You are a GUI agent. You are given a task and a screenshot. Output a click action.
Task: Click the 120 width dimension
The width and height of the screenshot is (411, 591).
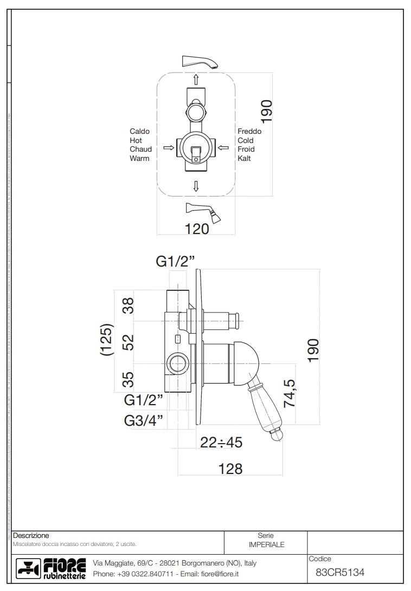pyautogui.click(x=196, y=229)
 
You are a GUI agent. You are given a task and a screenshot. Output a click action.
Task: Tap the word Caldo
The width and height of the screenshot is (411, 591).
pyautogui.click(x=139, y=131)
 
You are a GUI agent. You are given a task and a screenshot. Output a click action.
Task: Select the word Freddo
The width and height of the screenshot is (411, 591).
pyautogui.click(x=249, y=131)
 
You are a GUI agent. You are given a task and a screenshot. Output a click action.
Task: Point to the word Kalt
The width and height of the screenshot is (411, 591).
pyautogui.click(x=244, y=159)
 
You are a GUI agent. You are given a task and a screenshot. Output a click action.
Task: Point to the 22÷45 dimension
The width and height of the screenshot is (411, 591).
pyautogui.click(x=221, y=443)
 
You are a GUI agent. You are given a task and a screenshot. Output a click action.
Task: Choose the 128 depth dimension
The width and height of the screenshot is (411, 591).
pyautogui.click(x=230, y=469)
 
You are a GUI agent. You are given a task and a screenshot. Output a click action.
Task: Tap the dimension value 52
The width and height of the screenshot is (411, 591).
pyautogui.click(x=128, y=342)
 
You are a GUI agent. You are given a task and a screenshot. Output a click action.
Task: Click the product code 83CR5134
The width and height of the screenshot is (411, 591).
pyautogui.click(x=340, y=571)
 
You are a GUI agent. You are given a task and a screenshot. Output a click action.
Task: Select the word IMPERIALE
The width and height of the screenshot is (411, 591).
pyautogui.click(x=266, y=544)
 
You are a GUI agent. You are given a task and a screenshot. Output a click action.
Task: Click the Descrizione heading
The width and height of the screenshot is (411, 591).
pyautogui.click(x=31, y=535)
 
